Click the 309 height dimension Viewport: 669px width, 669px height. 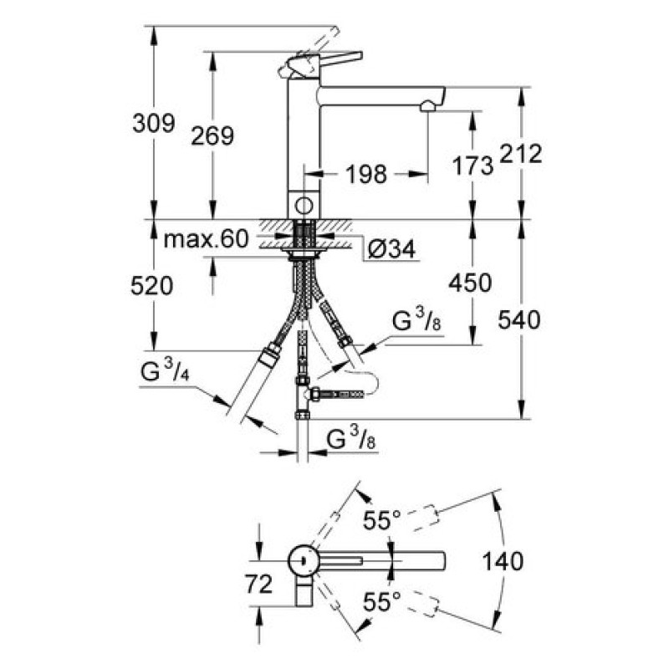[154, 124]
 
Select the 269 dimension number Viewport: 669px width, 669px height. [212, 136]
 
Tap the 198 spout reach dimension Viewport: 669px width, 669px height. [366, 174]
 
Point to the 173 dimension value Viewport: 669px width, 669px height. [472, 166]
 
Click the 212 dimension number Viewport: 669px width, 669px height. [520, 154]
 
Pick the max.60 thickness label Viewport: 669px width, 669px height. [206, 239]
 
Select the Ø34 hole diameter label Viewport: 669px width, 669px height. [391, 248]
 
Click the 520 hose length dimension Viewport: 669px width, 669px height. [152, 285]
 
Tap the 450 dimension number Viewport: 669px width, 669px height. [470, 283]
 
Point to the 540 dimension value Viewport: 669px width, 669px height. [518, 319]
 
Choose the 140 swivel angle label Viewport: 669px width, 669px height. [503, 561]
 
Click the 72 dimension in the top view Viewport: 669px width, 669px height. [258, 584]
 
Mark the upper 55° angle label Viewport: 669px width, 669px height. [382, 519]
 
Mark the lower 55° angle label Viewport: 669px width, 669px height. [382, 602]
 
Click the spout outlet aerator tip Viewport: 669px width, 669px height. [428, 106]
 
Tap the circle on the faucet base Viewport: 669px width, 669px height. [304, 206]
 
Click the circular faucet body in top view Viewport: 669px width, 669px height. [303, 560]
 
